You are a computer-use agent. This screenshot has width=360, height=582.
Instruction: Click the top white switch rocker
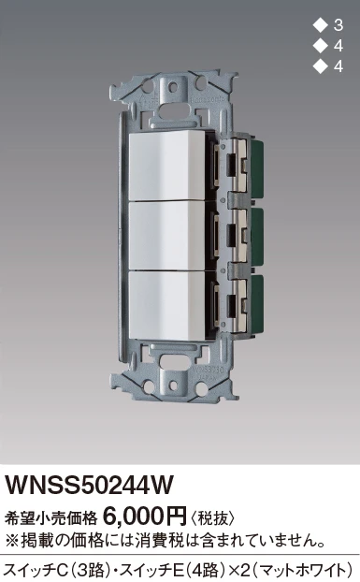coord(167,166)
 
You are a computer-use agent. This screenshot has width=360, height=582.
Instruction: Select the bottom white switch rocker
coord(167,306)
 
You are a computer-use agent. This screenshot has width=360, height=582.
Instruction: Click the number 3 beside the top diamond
coord(338,25)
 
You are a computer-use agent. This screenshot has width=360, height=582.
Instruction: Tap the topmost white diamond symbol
coord(320,25)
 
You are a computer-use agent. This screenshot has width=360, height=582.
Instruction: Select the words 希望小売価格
coord(50,518)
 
